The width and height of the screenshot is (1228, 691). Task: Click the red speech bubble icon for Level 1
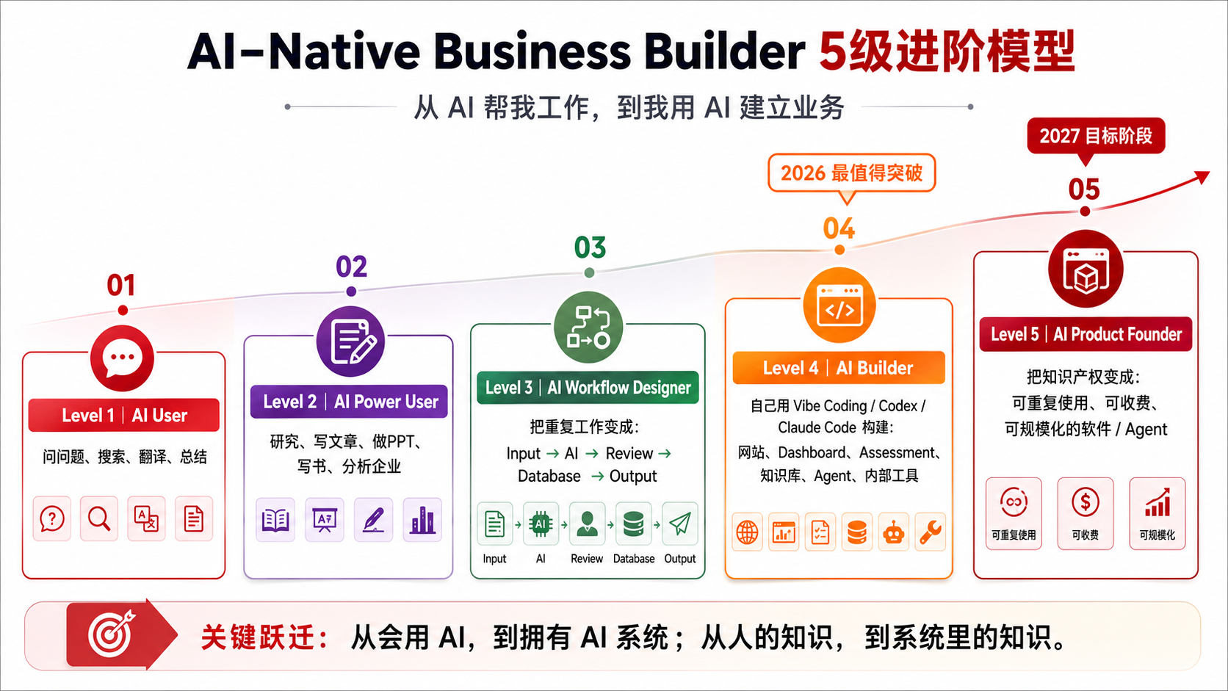(122, 358)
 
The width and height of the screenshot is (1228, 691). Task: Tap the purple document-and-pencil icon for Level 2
(351, 341)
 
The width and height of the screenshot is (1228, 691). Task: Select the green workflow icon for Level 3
(589, 328)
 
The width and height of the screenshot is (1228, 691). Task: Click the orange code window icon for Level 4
(839, 305)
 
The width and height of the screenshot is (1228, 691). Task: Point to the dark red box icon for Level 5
(1086, 269)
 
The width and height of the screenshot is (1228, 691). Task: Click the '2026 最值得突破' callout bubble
(851, 174)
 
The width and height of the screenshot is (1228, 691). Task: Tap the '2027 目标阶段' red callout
(1096, 137)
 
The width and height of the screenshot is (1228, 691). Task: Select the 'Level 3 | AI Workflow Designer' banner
(588, 388)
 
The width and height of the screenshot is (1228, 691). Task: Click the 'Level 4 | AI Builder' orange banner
(839, 368)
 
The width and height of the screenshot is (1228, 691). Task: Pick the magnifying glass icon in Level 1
(99, 518)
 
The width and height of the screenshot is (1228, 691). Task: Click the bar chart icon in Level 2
(422, 519)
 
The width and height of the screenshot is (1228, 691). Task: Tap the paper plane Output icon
(680, 524)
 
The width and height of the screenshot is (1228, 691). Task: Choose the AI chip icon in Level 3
(541, 524)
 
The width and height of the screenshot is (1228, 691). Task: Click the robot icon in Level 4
(894, 532)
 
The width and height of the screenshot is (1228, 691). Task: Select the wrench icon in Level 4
(931, 532)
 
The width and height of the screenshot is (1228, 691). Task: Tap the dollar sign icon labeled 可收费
(1086, 502)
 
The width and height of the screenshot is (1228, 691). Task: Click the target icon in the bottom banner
(112, 634)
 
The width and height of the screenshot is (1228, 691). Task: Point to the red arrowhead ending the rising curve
(1202, 177)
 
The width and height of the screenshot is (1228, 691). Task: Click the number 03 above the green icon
(590, 247)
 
